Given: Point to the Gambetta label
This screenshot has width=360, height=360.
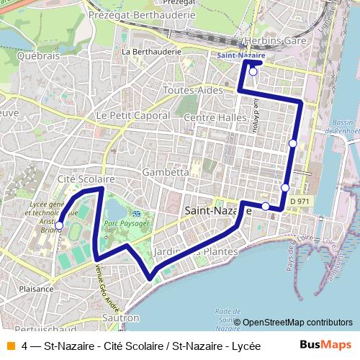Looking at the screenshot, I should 166,173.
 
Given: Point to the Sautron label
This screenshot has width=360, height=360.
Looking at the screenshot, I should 120,317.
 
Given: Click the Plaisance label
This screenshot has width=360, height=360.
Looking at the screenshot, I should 37,288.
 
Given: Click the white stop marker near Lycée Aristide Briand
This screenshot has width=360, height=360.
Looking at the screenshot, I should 59,225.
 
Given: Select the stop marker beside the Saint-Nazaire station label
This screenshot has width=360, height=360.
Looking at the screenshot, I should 253,72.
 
